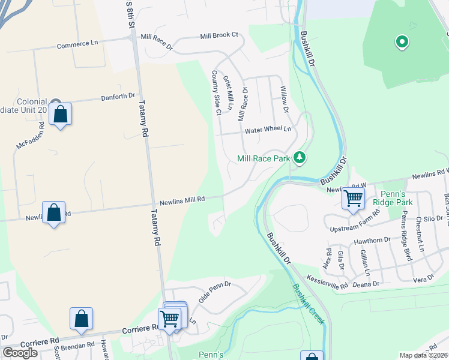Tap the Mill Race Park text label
tap(264, 158)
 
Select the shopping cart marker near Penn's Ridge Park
tap(354, 198)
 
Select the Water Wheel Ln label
tap(267, 129)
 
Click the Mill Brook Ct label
tap(220, 35)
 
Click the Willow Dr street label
tap(283, 100)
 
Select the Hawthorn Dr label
tap(372, 241)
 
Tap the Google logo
tap(20, 352)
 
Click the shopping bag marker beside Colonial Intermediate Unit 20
tap(60, 113)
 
